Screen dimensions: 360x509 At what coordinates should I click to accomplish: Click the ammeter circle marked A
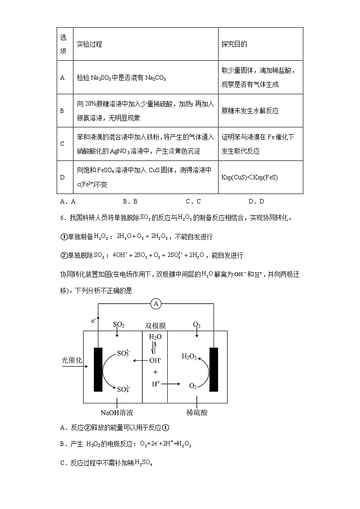(x=156, y=304)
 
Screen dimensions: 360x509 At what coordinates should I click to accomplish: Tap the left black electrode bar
(x=97, y=369)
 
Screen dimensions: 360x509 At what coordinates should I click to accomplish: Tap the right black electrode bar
(x=214, y=369)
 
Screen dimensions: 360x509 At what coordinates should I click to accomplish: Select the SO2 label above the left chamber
(x=118, y=325)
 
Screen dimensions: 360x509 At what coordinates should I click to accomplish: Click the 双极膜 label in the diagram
(x=155, y=325)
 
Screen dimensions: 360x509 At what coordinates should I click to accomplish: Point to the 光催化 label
(x=72, y=360)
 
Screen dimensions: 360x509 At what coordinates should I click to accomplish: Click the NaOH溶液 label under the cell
(x=117, y=412)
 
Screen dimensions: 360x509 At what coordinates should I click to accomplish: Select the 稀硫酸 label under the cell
(x=197, y=412)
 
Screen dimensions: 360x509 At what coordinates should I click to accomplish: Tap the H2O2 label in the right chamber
(x=189, y=357)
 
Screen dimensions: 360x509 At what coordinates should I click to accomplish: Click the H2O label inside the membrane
(x=155, y=337)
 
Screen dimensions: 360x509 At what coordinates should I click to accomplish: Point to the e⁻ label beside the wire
(x=93, y=320)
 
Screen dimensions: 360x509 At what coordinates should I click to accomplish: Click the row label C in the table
(x=62, y=144)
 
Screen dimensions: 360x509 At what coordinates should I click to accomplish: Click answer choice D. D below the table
(x=256, y=201)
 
